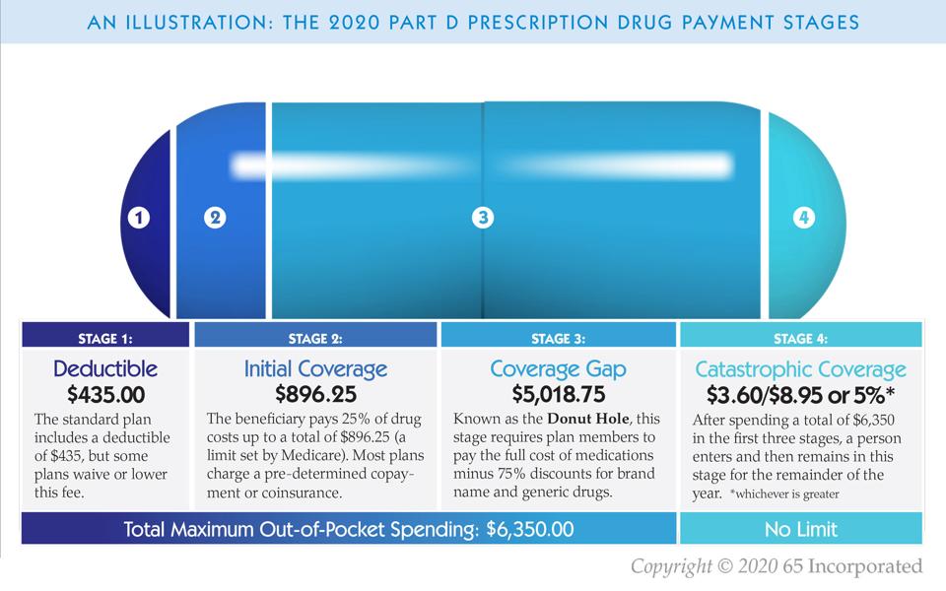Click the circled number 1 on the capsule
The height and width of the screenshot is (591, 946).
pyautogui.click(x=140, y=219)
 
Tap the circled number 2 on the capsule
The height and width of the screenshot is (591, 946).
pyautogui.click(x=215, y=218)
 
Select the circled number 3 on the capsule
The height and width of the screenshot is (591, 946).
pyautogui.click(x=482, y=218)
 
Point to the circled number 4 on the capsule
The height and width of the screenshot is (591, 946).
pyautogui.click(x=804, y=218)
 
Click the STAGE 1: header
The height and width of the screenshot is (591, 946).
pyautogui.click(x=105, y=338)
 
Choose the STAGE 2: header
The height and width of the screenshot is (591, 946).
pyautogui.click(x=315, y=338)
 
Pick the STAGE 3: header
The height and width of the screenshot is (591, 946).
pyautogui.click(x=558, y=338)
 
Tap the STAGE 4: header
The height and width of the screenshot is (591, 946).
pyautogui.click(x=800, y=338)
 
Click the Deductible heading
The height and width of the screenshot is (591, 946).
pyautogui.click(x=105, y=369)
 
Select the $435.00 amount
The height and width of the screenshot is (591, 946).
pyautogui.click(x=105, y=395)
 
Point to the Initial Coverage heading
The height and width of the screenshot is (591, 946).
pyautogui.click(x=315, y=369)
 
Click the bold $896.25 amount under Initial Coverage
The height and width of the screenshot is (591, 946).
pyautogui.click(x=315, y=395)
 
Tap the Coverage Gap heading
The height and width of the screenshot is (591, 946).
pyautogui.click(x=558, y=369)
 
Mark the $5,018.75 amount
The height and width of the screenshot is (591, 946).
pyautogui.click(x=558, y=395)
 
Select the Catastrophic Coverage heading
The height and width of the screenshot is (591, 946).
pyautogui.click(x=800, y=370)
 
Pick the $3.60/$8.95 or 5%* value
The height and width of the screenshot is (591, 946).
pyautogui.click(x=800, y=395)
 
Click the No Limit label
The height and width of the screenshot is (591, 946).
pyautogui.click(x=800, y=530)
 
